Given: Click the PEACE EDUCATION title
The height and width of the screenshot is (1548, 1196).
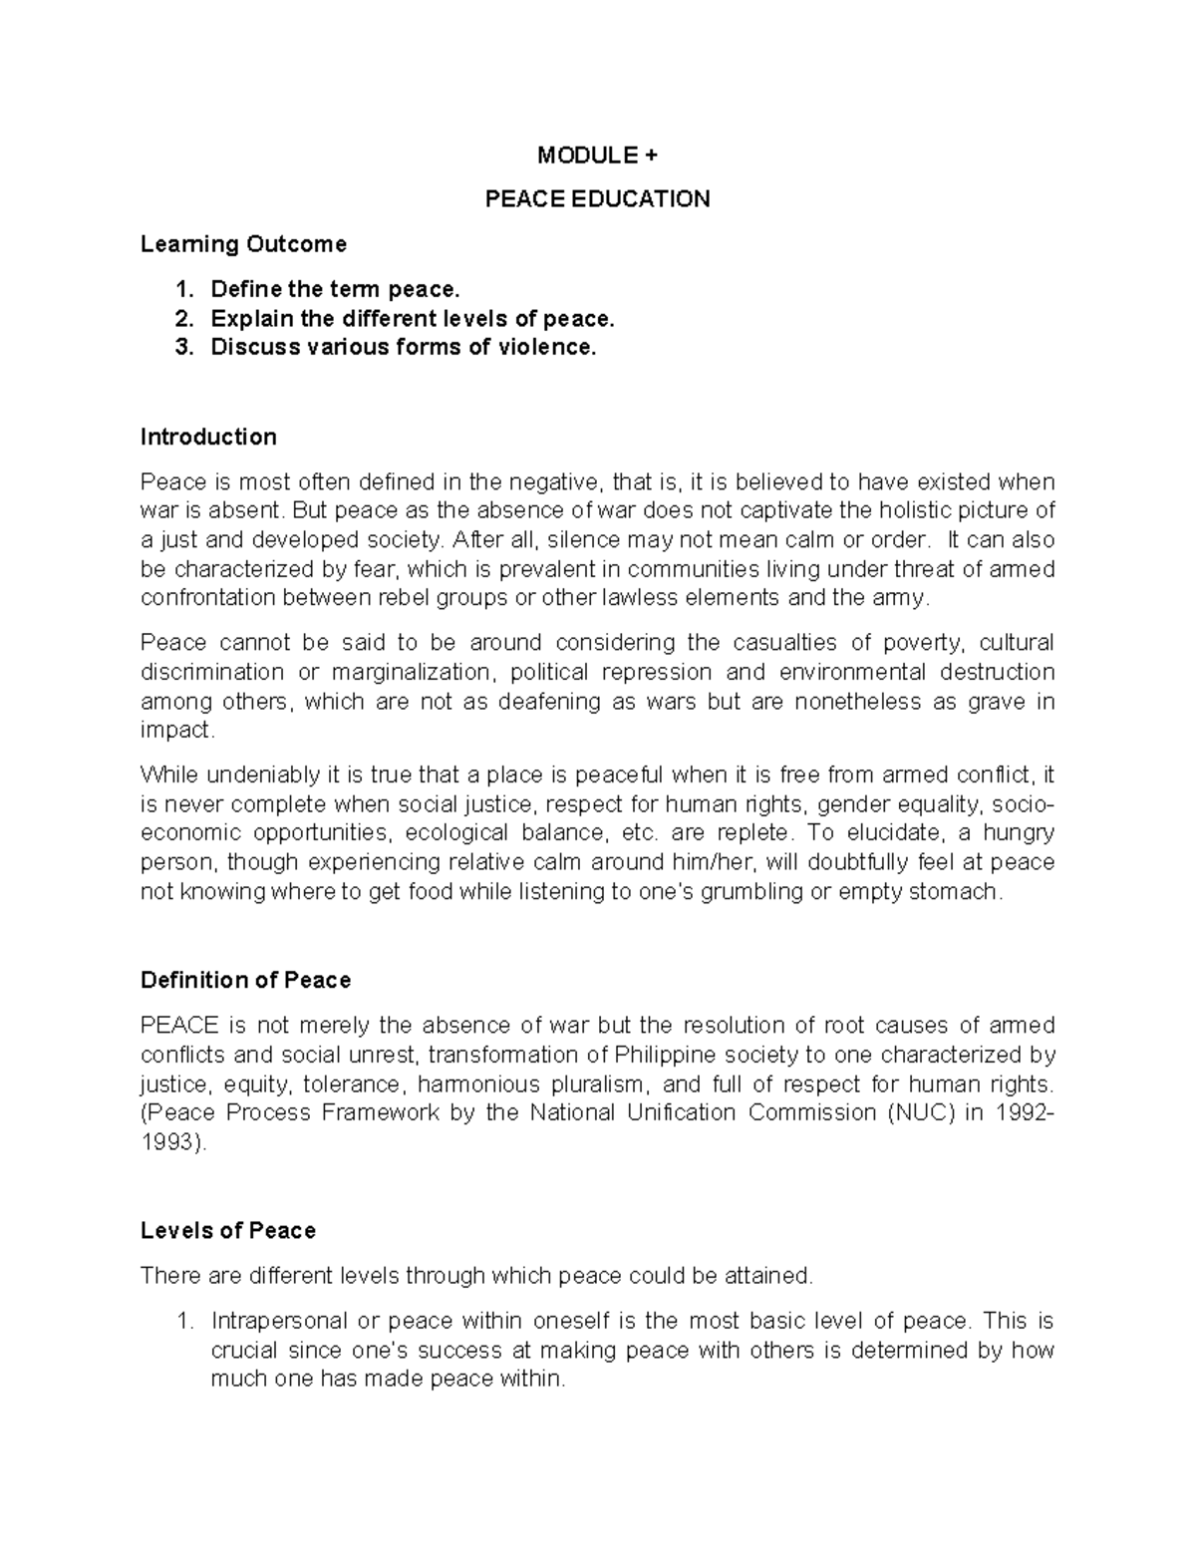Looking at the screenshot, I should coord(597,199).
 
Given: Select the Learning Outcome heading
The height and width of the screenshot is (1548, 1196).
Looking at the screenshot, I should coord(243,244).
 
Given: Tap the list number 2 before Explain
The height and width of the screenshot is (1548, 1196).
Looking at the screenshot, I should coord(181,319).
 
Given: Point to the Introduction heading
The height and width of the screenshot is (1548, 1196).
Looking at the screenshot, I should coord(208,438).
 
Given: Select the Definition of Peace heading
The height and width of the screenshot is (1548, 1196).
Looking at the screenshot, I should coord(245,981).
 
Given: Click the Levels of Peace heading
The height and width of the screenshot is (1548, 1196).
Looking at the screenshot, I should coord(228,1231).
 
